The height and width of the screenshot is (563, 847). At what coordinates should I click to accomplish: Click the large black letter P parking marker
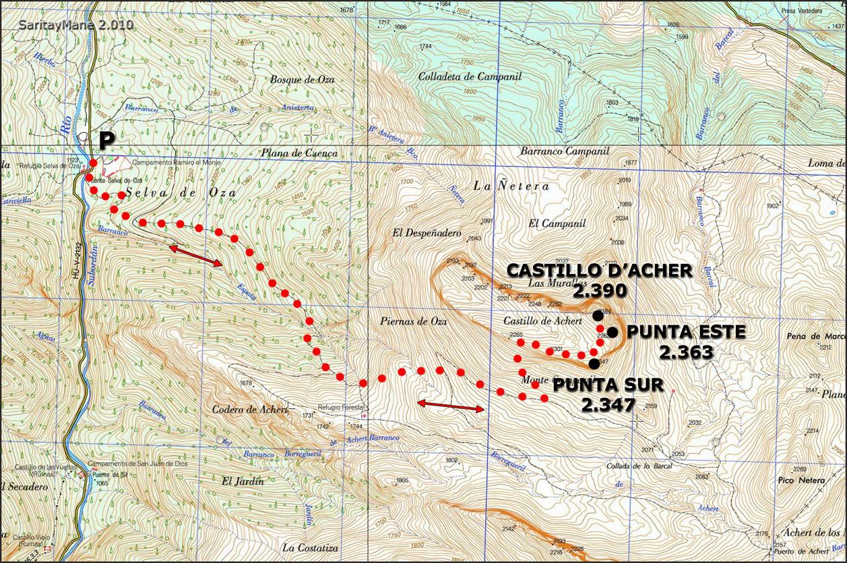coord(106,141)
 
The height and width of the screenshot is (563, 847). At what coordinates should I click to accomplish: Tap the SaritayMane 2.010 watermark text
coord(76,25)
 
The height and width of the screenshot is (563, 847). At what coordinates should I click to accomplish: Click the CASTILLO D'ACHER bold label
coord(599,271)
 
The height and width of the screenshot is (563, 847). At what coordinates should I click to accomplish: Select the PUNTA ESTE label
coord(686,332)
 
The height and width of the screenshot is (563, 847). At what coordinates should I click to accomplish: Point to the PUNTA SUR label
coord(608,385)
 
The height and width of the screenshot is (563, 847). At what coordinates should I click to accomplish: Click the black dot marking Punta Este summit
coord(613,331)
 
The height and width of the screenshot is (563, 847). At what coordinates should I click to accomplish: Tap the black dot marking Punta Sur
coord(593,364)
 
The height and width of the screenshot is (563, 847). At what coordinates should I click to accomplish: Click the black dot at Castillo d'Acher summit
coord(598,315)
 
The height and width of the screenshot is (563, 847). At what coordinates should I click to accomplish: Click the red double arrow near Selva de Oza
coord(195,256)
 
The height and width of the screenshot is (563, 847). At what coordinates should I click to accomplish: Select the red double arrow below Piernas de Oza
coord(450,405)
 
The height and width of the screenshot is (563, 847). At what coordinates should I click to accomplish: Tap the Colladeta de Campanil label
coord(470,77)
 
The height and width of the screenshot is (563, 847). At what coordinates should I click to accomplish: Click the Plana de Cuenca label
coord(300,153)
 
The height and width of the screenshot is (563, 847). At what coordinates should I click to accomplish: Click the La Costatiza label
coord(310,548)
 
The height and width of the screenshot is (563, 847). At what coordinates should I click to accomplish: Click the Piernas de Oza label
coord(414,321)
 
